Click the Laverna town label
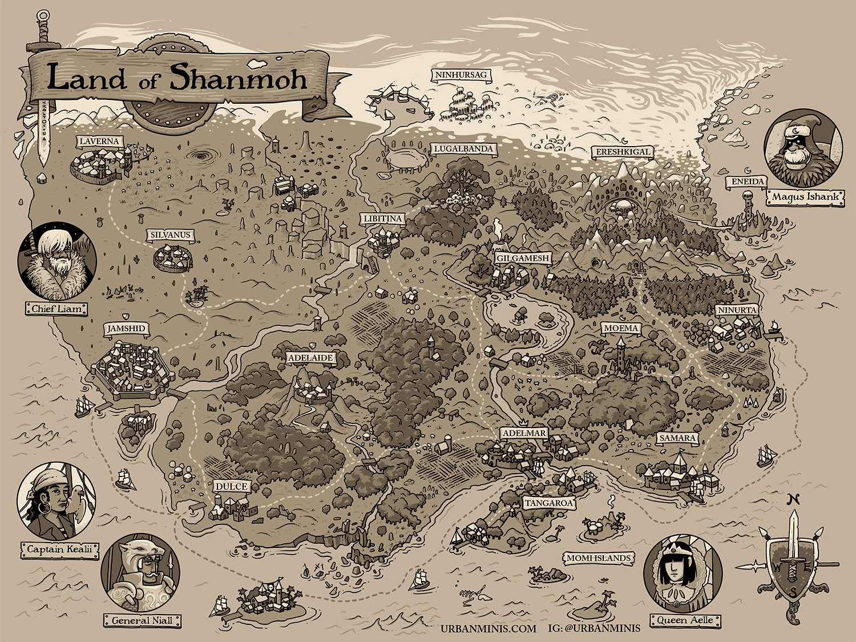point(99,142)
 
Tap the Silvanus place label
point(170,235)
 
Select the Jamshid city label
point(126,329)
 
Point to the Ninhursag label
point(453,75)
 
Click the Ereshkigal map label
point(623,152)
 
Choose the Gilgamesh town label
point(522,258)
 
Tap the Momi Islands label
point(598,558)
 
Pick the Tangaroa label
point(549,503)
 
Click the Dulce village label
point(232,486)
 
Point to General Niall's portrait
point(140,574)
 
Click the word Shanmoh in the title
point(238,78)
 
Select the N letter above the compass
point(791,499)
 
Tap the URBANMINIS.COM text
point(488,628)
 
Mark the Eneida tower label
point(745,181)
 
